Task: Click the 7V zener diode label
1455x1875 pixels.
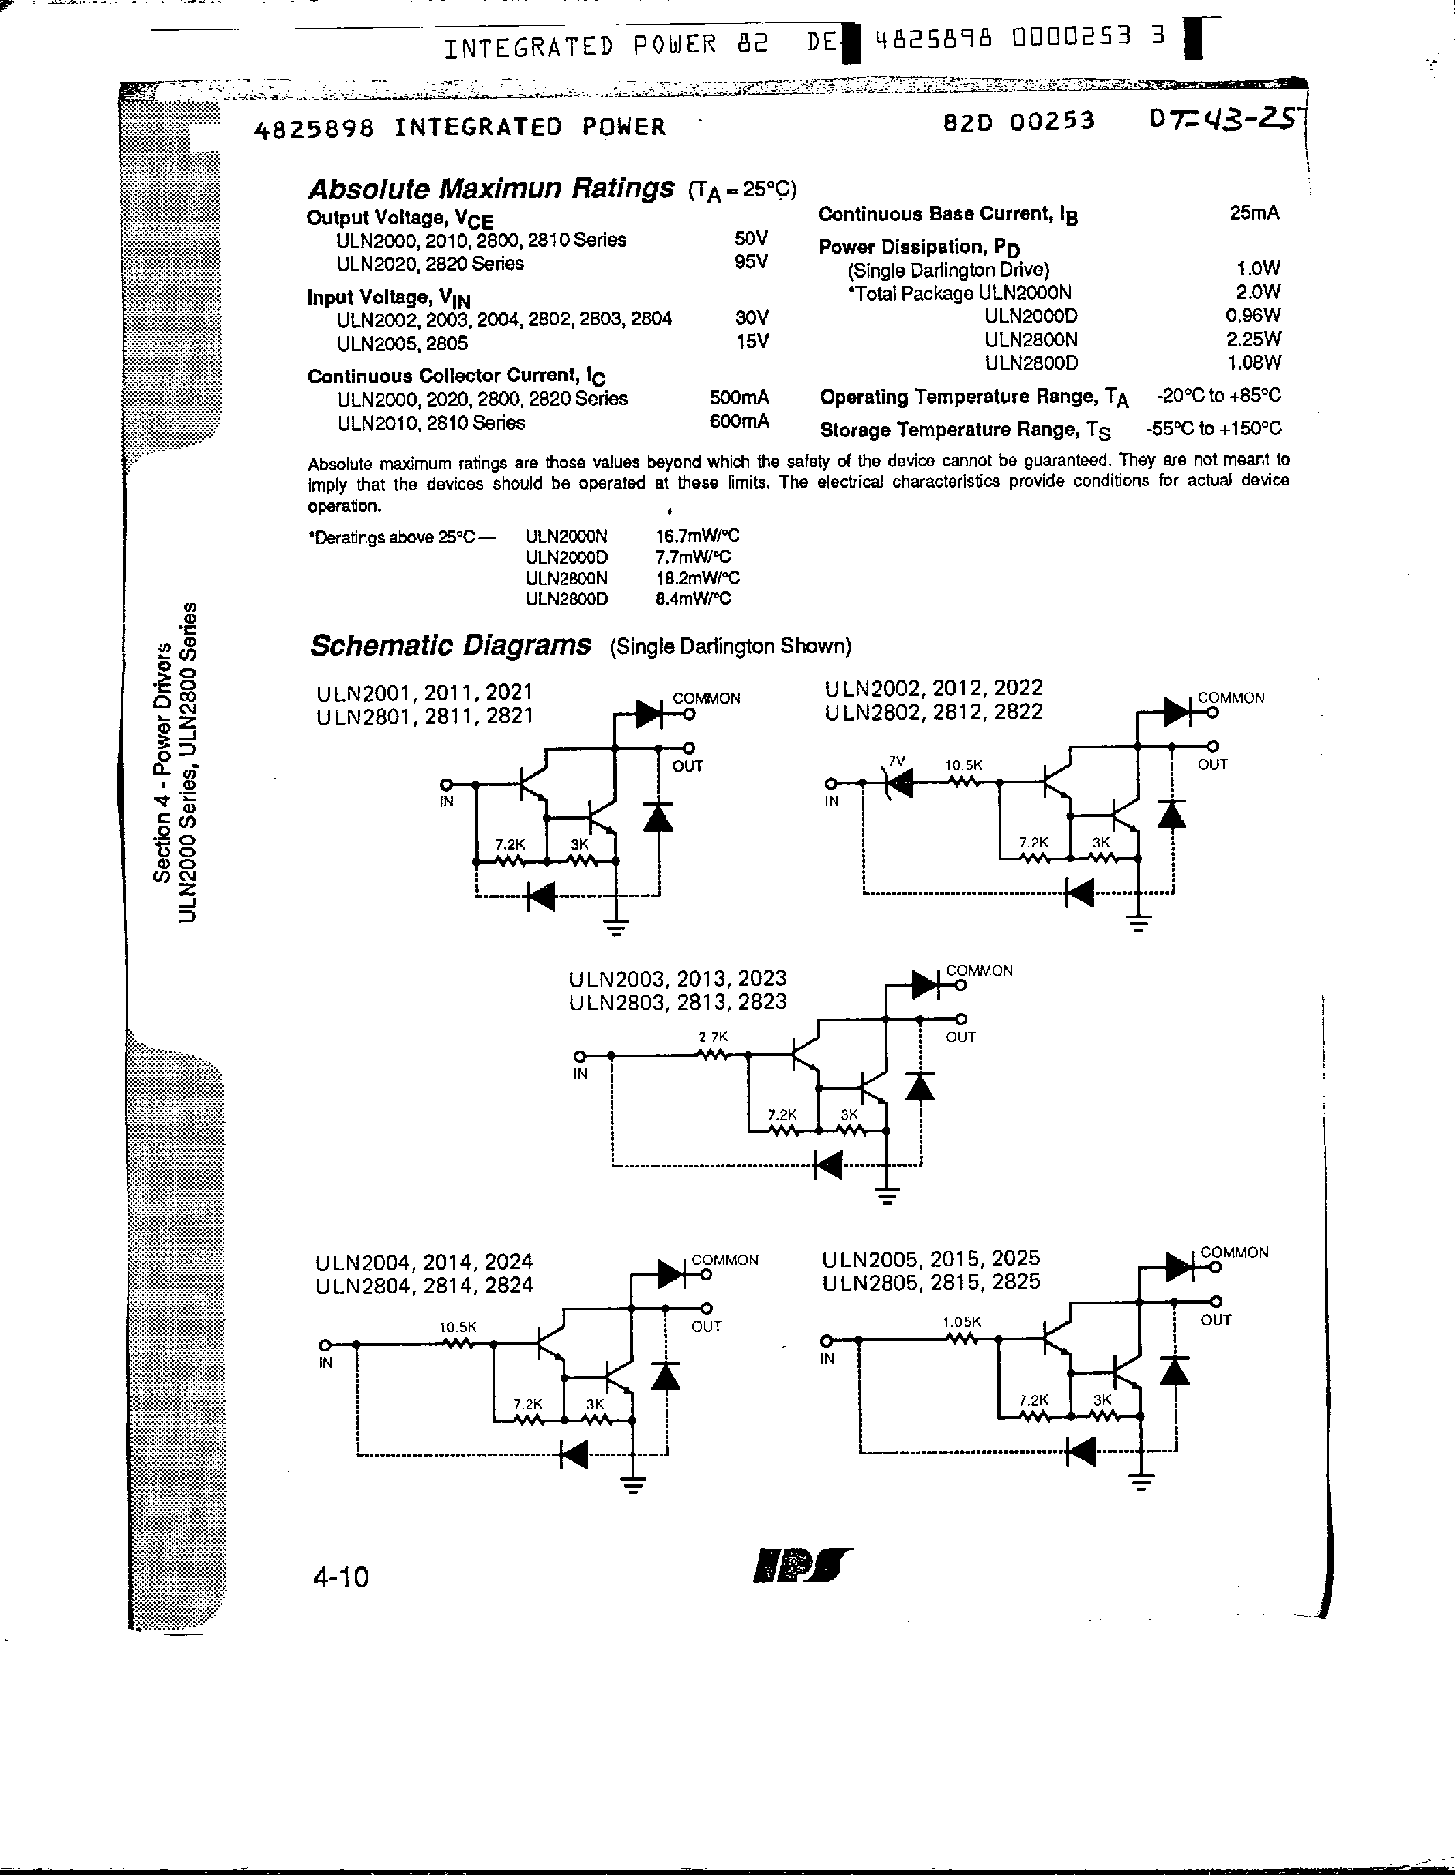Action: pos(896,761)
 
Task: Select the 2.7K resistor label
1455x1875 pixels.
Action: pos(713,1036)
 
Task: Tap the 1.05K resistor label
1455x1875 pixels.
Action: pos(961,1322)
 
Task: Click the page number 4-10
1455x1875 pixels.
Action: pos(341,1577)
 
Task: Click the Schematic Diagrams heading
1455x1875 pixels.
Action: pos(450,646)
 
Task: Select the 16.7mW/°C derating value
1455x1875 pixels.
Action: pos(697,536)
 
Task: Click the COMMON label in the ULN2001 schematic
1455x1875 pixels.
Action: pos(706,698)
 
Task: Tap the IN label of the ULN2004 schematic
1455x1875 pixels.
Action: pos(325,1362)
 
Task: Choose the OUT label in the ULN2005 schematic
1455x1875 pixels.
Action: pos(1216,1319)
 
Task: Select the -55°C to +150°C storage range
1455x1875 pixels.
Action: pos(1213,428)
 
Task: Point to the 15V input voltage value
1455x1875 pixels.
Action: pos(752,342)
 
